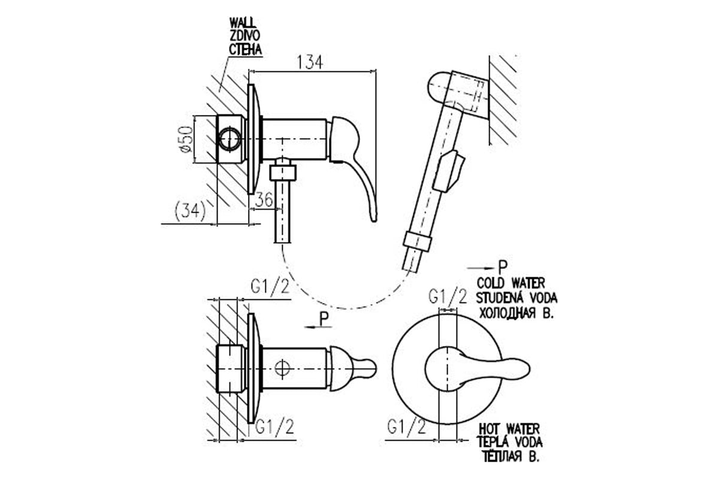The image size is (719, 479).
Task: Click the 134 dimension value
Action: pos(311,62)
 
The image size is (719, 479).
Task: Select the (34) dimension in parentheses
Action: pos(191,210)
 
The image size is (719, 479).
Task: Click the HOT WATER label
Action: pos(509,429)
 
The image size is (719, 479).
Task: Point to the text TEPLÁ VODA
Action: pos(510,443)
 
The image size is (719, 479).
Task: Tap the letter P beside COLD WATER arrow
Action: pos(502,266)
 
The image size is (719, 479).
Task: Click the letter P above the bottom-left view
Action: pos(324,319)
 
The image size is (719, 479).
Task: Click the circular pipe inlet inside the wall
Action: pos(229,139)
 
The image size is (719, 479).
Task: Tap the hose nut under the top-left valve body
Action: pos(283,172)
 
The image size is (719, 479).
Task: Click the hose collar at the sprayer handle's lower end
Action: pos(418,240)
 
